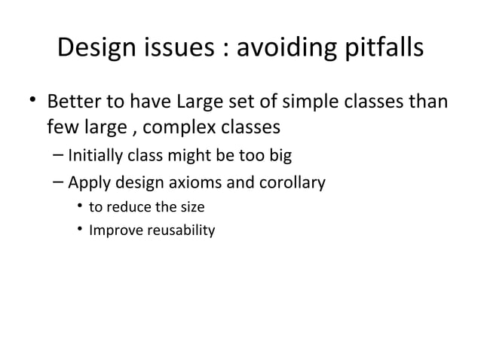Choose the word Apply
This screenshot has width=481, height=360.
pos(88,182)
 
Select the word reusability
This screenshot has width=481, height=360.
pos(178,230)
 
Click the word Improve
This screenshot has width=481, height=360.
pos(112,230)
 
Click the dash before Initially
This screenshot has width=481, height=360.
pos(59,156)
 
